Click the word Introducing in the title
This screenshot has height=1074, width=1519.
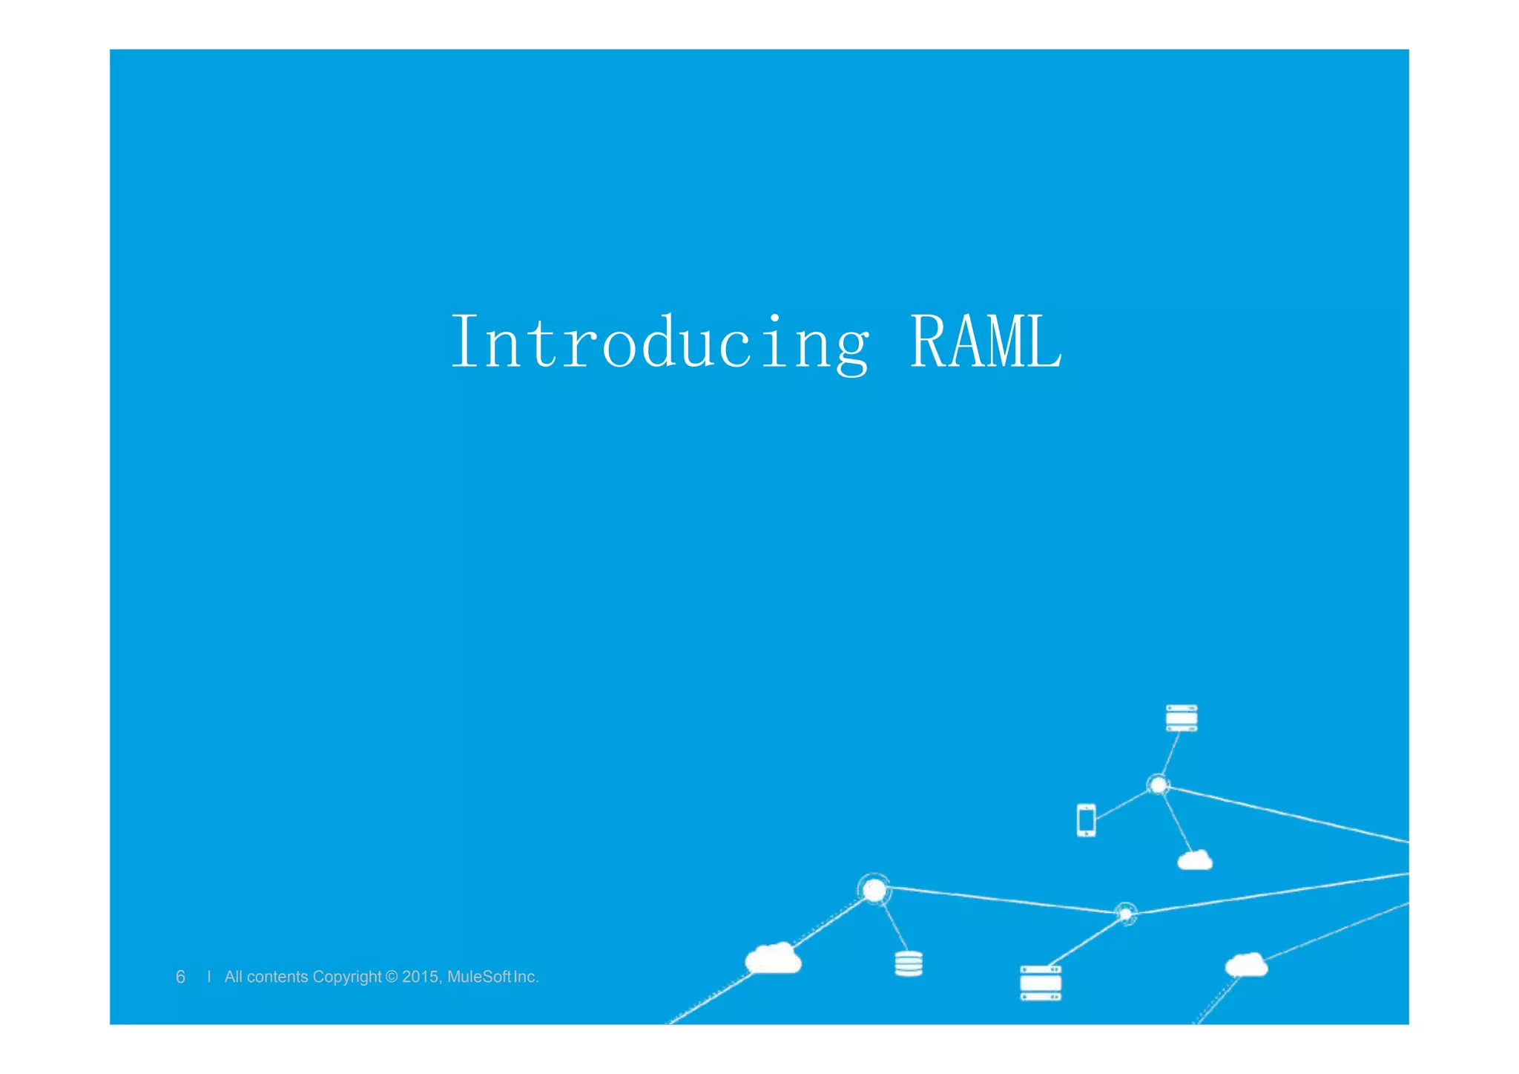point(659,342)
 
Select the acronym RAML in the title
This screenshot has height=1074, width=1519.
point(986,342)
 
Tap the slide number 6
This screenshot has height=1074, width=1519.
point(180,977)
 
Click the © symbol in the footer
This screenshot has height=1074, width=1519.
point(392,977)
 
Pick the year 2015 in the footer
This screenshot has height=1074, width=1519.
point(421,977)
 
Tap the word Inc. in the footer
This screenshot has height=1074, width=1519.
point(526,977)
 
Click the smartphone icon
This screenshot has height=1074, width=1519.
point(1086,820)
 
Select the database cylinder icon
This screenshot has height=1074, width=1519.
point(909,963)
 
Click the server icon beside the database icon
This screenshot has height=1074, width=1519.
point(1041,983)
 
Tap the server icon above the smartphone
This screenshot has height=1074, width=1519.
point(1182,718)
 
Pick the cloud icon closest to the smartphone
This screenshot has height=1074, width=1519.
point(1195,860)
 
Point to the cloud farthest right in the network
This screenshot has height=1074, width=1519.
point(1246,965)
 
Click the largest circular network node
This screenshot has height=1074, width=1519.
point(874,889)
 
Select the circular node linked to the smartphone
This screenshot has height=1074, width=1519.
point(1158,785)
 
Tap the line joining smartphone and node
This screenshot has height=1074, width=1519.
point(1121,805)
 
